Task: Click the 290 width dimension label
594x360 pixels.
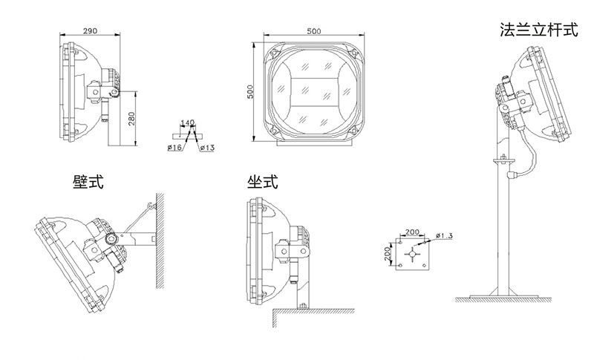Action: [x=90, y=30]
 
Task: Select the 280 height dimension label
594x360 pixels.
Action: [x=131, y=119]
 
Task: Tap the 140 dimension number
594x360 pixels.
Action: [x=188, y=122]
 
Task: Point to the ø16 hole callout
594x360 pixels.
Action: [x=174, y=147]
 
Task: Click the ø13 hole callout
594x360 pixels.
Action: [x=207, y=147]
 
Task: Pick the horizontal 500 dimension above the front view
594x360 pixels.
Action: [x=313, y=31]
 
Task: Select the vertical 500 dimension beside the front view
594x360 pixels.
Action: [x=250, y=92]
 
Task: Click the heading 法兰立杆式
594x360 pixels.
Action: [x=539, y=30]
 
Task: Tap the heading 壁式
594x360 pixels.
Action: [x=88, y=182]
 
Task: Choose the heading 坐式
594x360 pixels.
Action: [x=263, y=182]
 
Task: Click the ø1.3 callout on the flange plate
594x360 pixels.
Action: [x=444, y=236]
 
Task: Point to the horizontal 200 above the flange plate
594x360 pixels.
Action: [x=412, y=232]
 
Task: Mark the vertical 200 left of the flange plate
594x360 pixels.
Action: [x=387, y=254]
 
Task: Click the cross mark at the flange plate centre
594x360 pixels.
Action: [x=412, y=254]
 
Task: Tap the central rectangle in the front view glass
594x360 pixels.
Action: [x=314, y=92]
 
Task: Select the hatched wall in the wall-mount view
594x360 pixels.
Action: [x=160, y=240]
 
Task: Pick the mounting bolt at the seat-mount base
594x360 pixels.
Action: [x=303, y=306]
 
